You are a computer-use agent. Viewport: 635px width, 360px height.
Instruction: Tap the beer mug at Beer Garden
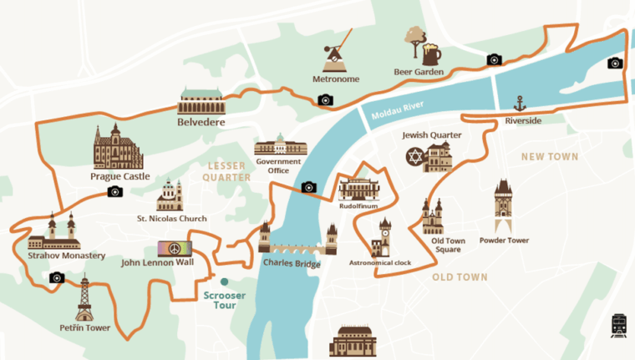pos(431,54)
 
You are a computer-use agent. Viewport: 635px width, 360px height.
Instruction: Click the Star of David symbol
pos(415,156)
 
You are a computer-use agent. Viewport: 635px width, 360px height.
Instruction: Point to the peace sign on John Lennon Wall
pos(175,250)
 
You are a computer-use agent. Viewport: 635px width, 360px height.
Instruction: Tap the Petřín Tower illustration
pos(84,299)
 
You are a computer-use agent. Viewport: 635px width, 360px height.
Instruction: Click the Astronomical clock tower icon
pos(384,237)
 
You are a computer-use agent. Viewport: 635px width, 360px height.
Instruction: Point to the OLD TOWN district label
pos(460,276)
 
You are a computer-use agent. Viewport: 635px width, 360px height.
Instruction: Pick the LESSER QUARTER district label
pos(227,172)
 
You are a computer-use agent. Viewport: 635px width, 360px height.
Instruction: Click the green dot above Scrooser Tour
pos(224,281)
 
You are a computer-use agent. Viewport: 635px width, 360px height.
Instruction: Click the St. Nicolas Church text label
pos(171,219)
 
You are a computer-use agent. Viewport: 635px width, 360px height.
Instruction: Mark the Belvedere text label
pos(201,122)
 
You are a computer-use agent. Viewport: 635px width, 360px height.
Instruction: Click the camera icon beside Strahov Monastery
pos(57,277)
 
